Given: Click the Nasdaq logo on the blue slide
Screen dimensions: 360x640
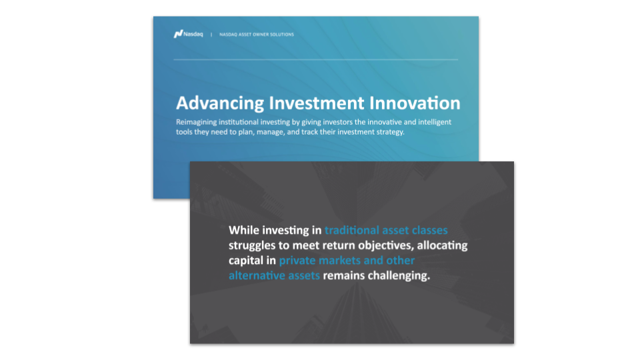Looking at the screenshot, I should (187, 34).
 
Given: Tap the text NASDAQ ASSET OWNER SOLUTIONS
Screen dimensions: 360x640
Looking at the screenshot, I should (256, 35).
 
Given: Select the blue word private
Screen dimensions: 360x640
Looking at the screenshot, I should (299, 261).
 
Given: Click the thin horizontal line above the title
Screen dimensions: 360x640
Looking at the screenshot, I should (315, 60).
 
